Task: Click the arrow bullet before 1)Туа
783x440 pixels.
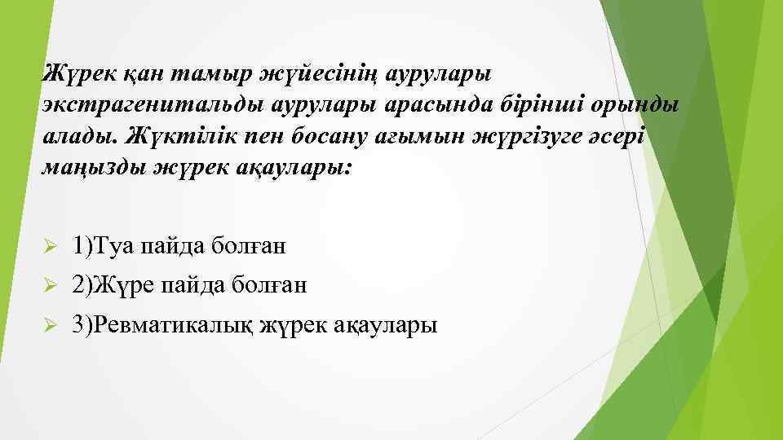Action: (49, 245)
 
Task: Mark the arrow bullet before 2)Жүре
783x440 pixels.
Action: (49, 285)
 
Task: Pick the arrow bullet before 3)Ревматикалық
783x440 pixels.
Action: (49, 326)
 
